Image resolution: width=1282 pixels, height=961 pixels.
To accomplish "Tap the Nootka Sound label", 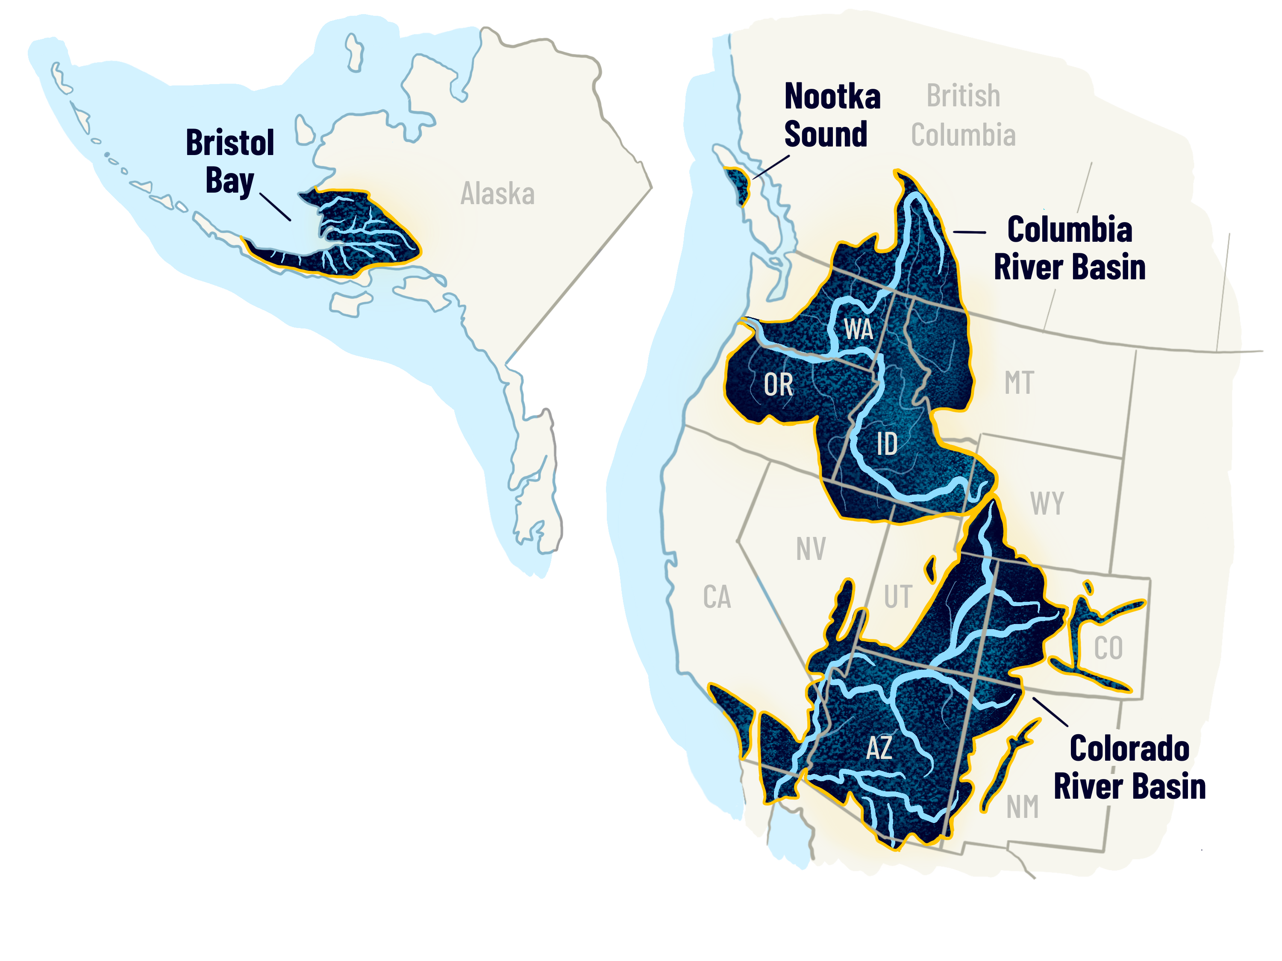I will (x=831, y=115).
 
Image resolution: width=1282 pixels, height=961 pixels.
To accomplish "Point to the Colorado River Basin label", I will (x=1129, y=767).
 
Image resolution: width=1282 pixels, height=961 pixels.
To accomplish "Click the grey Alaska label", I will (x=497, y=193).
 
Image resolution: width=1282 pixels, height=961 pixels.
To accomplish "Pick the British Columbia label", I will (x=963, y=115).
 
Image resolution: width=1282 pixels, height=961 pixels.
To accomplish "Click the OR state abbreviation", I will (x=778, y=385).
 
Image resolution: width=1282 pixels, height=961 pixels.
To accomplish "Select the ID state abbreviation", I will (x=887, y=444).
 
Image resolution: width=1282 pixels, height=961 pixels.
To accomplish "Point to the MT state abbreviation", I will (x=1019, y=383).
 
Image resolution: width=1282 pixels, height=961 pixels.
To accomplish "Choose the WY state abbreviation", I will (x=1047, y=503).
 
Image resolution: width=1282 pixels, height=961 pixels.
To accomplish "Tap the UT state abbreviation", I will (x=898, y=597).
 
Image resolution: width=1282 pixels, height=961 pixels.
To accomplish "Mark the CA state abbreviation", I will (x=717, y=597).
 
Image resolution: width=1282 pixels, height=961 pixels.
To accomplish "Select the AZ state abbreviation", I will (x=879, y=747).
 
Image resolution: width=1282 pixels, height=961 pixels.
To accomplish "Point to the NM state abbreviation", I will (x=1022, y=807).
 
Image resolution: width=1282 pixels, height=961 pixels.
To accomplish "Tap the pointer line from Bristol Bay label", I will (x=275, y=207).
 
